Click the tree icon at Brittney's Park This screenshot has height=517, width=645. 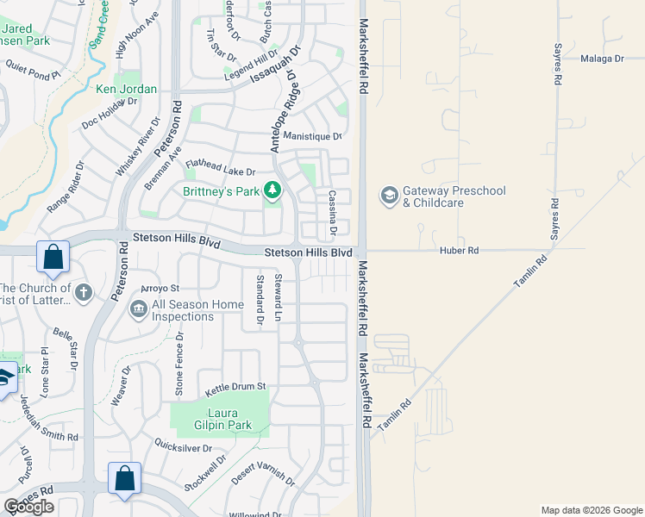[x=272, y=189]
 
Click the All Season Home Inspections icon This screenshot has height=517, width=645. [x=138, y=308]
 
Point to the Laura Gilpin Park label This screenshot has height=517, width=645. [x=216, y=419]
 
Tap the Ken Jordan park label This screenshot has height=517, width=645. [x=126, y=89]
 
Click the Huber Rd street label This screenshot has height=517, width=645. [x=461, y=251]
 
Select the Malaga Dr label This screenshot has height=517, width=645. [x=602, y=59]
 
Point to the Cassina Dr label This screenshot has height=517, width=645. [x=331, y=214]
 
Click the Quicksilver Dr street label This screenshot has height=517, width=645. [x=183, y=448]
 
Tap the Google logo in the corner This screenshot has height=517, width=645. [x=28, y=507]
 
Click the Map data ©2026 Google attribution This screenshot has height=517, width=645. [x=592, y=510]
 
